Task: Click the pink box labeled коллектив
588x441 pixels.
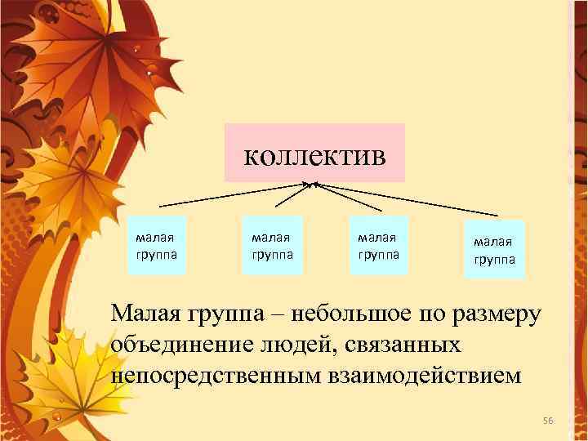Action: [x=314, y=153]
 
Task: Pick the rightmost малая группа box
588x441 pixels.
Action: [x=493, y=249]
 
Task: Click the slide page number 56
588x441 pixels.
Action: [x=548, y=420]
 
